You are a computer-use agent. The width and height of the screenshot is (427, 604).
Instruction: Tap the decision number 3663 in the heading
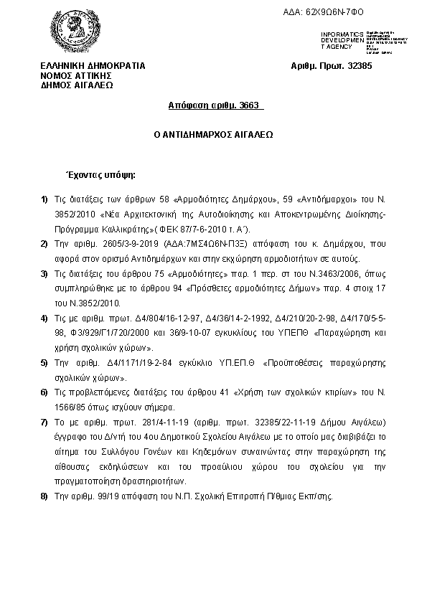[x=251, y=105]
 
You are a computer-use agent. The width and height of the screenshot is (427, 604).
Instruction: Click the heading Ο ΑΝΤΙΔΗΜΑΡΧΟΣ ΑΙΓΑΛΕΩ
[x=214, y=134]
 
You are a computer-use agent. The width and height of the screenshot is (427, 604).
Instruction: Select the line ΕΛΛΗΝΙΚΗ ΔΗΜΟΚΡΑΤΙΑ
[x=93, y=66]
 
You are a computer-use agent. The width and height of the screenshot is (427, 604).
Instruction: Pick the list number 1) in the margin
[x=44, y=198]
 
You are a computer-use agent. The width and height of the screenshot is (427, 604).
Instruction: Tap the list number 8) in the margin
[x=44, y=496]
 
